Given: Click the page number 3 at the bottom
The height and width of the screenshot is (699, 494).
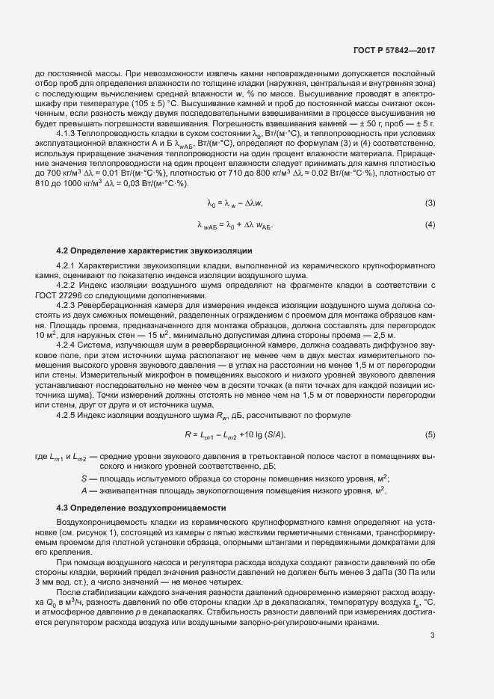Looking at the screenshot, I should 432,656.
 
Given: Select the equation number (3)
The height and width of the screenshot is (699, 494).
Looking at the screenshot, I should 430,203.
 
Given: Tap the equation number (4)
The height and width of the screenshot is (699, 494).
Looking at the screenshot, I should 430,225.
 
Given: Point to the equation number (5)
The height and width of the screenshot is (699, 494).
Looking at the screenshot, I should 430,434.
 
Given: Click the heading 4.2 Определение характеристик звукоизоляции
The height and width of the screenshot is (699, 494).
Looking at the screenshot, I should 154,250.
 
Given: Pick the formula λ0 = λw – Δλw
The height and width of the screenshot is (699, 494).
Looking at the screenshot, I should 235,203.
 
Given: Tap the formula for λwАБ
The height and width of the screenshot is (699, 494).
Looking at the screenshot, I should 235,225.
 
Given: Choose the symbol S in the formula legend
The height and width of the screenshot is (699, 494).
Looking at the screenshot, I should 83,478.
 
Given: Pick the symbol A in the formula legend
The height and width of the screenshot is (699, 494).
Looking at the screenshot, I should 83,490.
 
